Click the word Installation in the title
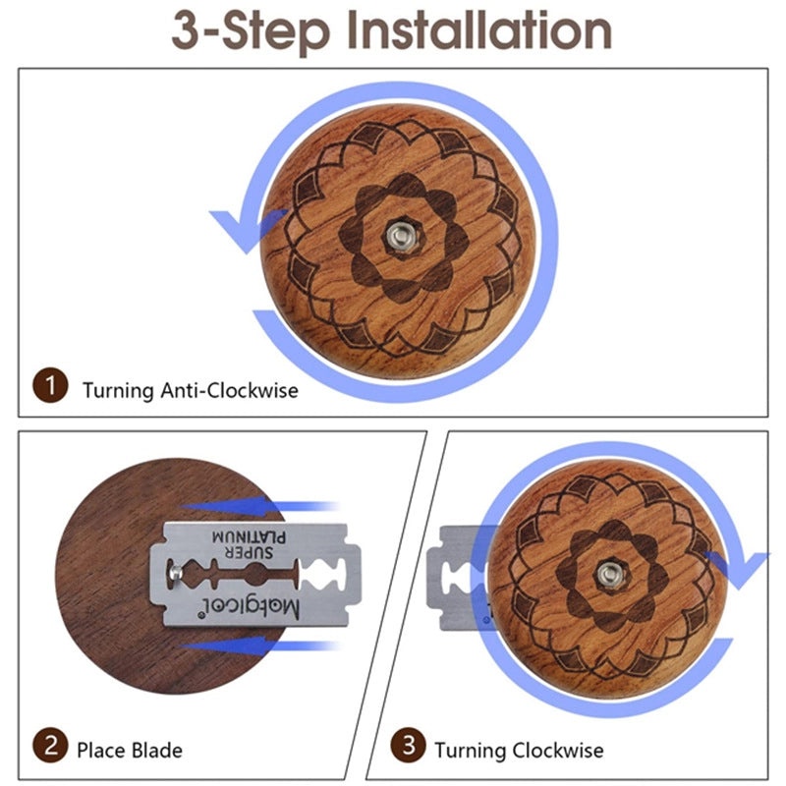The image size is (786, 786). (x=478, y=31)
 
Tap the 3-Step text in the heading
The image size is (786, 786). (x=251, y=32)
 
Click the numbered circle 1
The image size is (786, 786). (x=50, y=385)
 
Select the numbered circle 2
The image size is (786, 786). (x=50, y=746)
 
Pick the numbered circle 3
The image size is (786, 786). (x=408, y=745)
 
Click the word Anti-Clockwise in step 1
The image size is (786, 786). (x=229, y=390)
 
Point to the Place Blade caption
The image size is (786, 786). (x=130, y=751)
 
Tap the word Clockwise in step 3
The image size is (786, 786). (x=558, y=751)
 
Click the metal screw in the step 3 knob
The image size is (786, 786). (x=609, y=574)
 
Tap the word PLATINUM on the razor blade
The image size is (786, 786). (x=249, y=536)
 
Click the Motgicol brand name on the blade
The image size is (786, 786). (x=249, y=607)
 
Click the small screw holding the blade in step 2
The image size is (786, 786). (x=176, y=572)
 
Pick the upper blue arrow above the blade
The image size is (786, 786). (x=259, y=506)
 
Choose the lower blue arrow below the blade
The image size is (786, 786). (x=259, y=646)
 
